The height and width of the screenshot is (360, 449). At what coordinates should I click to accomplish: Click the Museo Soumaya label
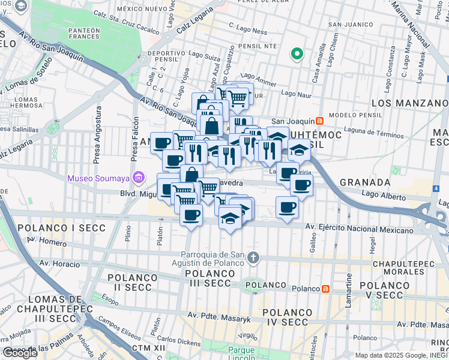click(x=99, y=178)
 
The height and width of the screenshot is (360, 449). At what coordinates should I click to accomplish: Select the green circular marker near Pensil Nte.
click(x=296, y=55)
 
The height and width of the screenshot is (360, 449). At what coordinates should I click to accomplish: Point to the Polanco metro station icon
click(x=325, y=289)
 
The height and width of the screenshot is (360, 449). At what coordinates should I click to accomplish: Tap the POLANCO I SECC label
click(x=61, y=228)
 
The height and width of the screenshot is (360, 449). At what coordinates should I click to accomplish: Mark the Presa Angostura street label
click(x=97, y=144)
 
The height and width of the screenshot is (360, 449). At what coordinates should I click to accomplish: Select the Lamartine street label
click(x=348, y=291)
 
